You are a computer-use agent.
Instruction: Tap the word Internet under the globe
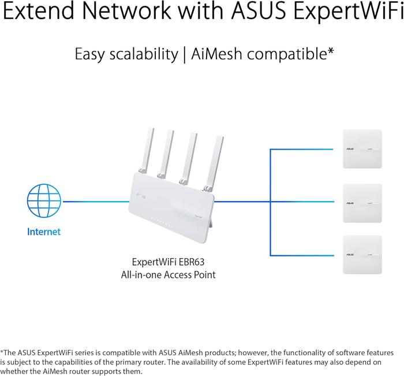[43, 232]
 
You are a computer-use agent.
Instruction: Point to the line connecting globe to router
[95, 202]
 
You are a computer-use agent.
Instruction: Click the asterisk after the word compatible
[331, 52]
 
